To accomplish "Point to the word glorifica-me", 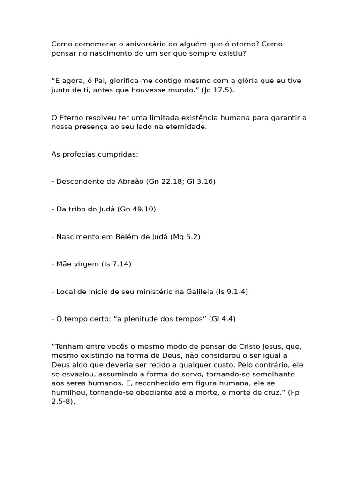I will (x=126, y=81).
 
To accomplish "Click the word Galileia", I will (x=196, y=292).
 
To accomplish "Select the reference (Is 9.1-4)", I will (x=232, y=292).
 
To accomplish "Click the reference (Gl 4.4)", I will (x=222, y=319).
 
